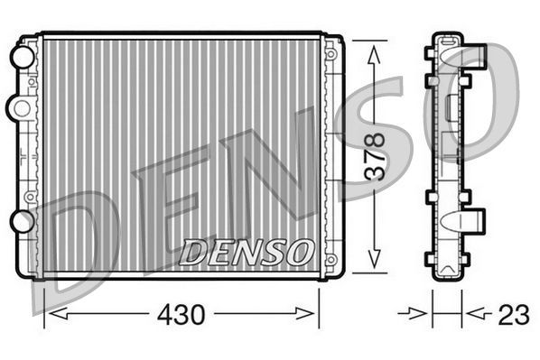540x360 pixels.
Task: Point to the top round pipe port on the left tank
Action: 21,56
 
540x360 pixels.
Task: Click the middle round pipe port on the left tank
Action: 18,107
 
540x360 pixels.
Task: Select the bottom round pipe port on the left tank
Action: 21,221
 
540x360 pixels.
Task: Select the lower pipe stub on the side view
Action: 474,221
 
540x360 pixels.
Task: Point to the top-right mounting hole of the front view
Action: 331,54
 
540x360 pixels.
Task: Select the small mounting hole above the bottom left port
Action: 31,196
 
